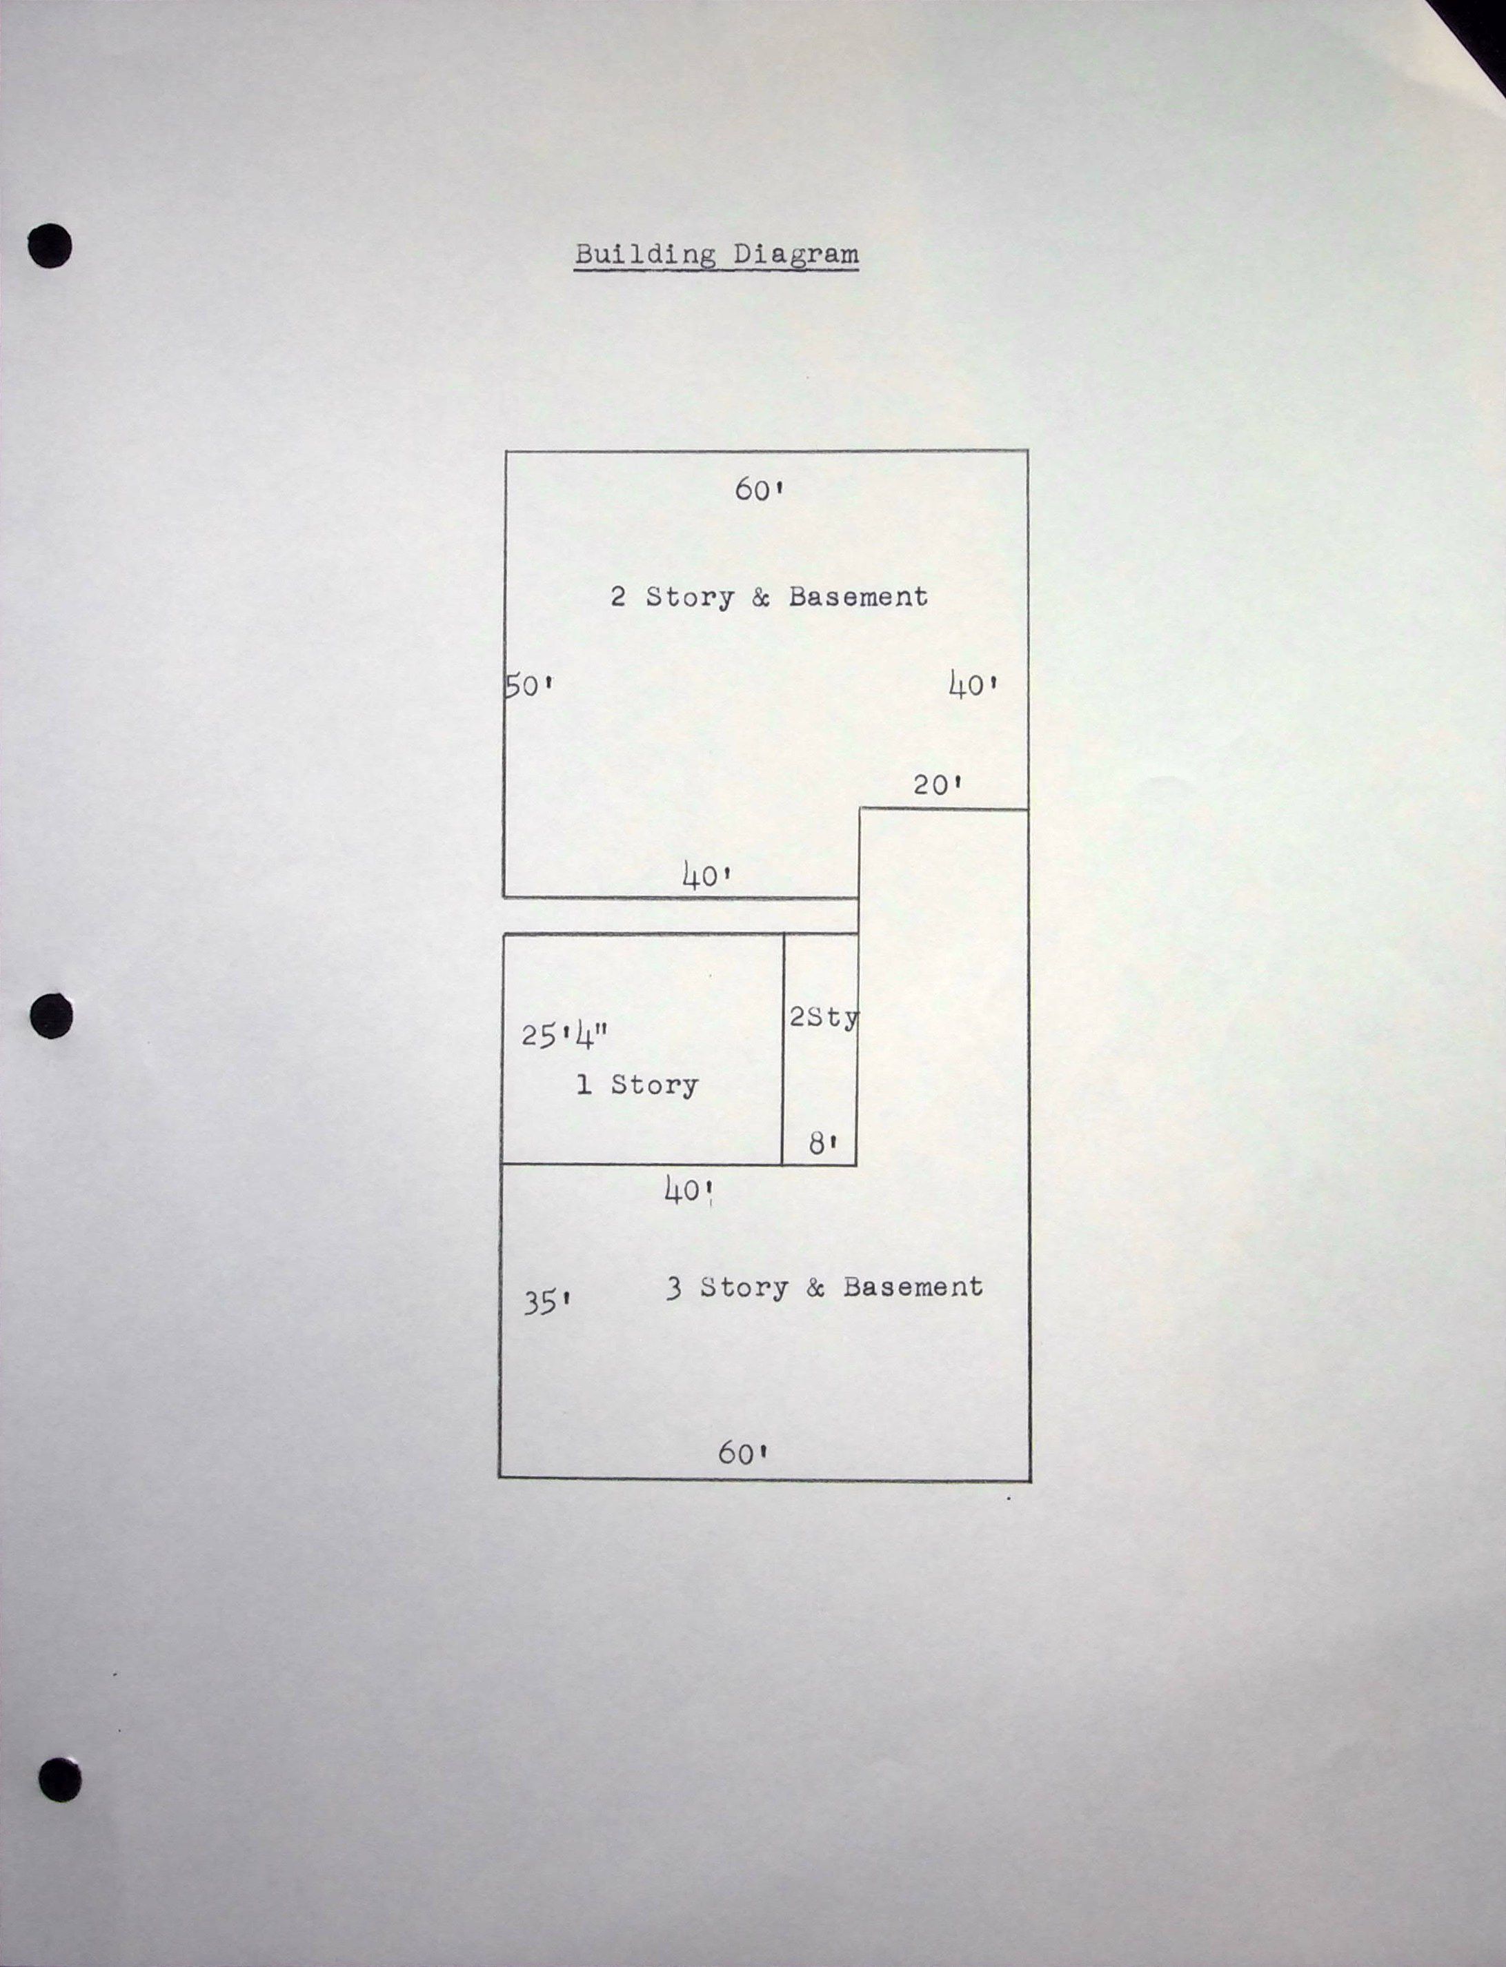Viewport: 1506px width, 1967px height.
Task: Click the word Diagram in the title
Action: pyautogui.click(x=796, y=255)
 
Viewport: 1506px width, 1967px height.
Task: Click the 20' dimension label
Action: pyautogui.click(x=938, y=785)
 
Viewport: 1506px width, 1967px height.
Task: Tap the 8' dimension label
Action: pyautogui.click(x=823, y=1143)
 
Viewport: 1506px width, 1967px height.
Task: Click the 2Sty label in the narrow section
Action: pyautogui.click(x=824, y=1018)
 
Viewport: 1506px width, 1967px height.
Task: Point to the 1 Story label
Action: pyautogui.click(x=637, y=1085)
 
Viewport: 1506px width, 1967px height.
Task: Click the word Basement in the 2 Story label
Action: pyautogui.click(x=858, y=597)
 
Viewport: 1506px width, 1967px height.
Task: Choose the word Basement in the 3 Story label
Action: pyautogui.click(x=913, y=1287)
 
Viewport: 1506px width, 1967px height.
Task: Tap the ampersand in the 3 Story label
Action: pyautogui.click(x=815, y=1288)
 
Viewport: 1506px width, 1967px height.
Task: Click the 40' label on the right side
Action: pyautogui.click(x=973, y=686)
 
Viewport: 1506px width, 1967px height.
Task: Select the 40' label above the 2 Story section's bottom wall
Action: pyautogui.click(x=707, y=874)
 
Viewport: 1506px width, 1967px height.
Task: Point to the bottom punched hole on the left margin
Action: pyautogui.click(x=60, y=1779)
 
